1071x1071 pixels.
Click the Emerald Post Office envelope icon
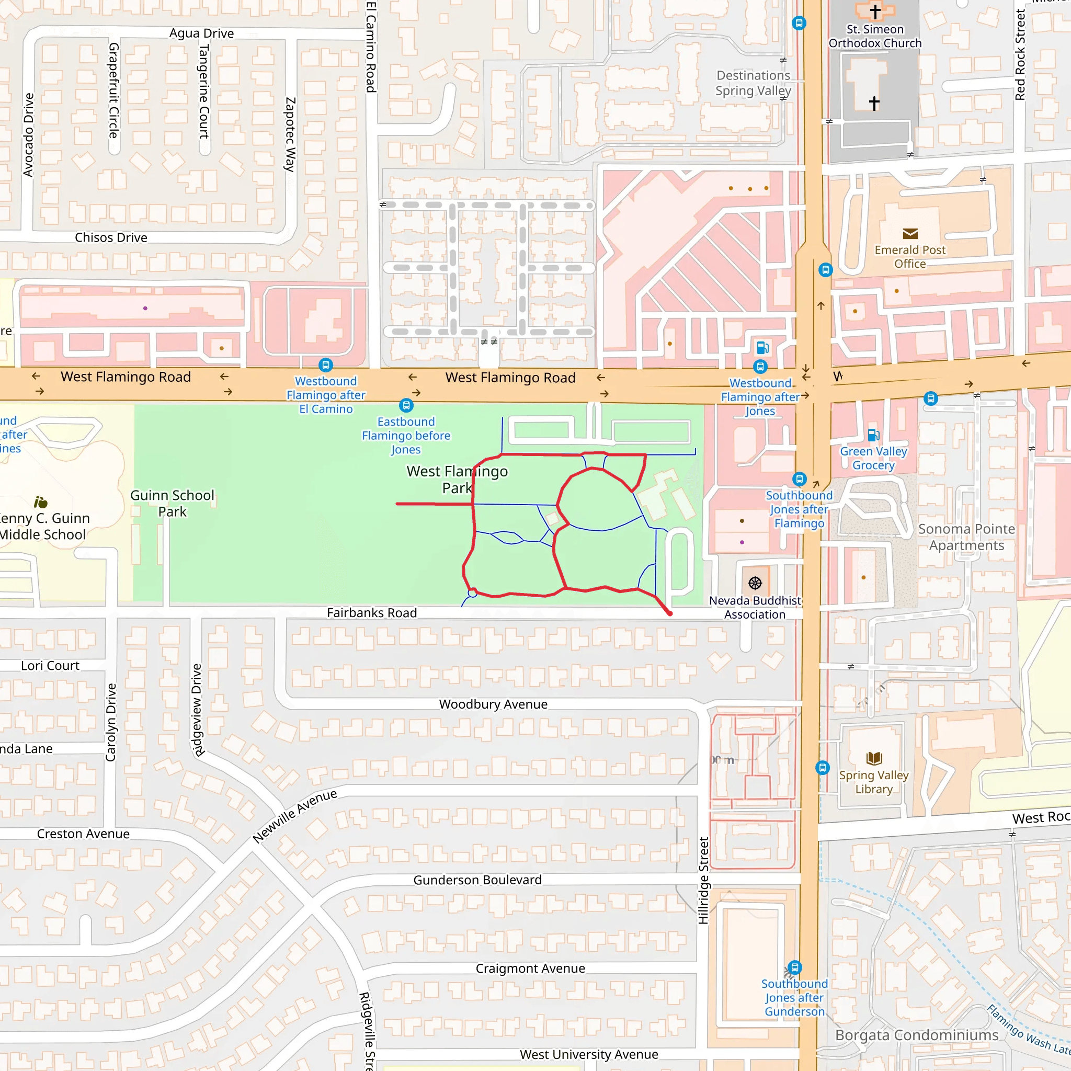(x=910, y=234)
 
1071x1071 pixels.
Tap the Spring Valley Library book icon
(x=874, y=758)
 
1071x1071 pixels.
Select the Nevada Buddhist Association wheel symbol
(x=755, y=583)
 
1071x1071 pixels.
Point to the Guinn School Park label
(x=172, y=504)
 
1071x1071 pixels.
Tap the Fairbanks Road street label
(x=371, y=612)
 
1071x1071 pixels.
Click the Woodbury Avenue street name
(x=493, y=704)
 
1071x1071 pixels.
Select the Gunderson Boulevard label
(x=477, y=880)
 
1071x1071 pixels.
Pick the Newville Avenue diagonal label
(x=294, y=816)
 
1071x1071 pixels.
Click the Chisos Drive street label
(x=111, y=237)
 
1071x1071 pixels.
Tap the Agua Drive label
(x=201, y=33)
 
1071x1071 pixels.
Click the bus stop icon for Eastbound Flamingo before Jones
(x=406, y=405)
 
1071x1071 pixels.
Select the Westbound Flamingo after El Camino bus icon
(x=325, y=365)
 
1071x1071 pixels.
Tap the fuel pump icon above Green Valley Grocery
(x=873, y=435)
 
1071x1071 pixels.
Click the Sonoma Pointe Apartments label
(x=966, y=537)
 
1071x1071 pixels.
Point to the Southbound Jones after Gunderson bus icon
(x=794, y=967)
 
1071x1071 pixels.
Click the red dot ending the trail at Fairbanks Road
(x=670, y=613)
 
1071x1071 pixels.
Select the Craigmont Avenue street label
(x=530, y=969)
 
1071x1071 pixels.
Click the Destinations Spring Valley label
(x=753, y=83)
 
